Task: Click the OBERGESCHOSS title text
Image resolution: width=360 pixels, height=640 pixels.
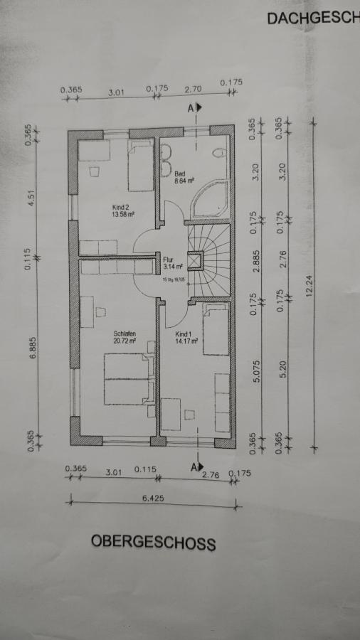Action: (x=153, y=543)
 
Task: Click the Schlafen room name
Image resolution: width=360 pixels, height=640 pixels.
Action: (x=124, y=334)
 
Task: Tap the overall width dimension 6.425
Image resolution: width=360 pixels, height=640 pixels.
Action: (x=152, y=498)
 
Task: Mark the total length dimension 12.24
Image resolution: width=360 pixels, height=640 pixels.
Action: (x=307, y=287)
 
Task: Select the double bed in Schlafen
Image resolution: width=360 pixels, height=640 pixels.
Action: (x=129, y=378)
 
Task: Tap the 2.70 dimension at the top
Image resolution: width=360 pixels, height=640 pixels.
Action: (x=193, y=90)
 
